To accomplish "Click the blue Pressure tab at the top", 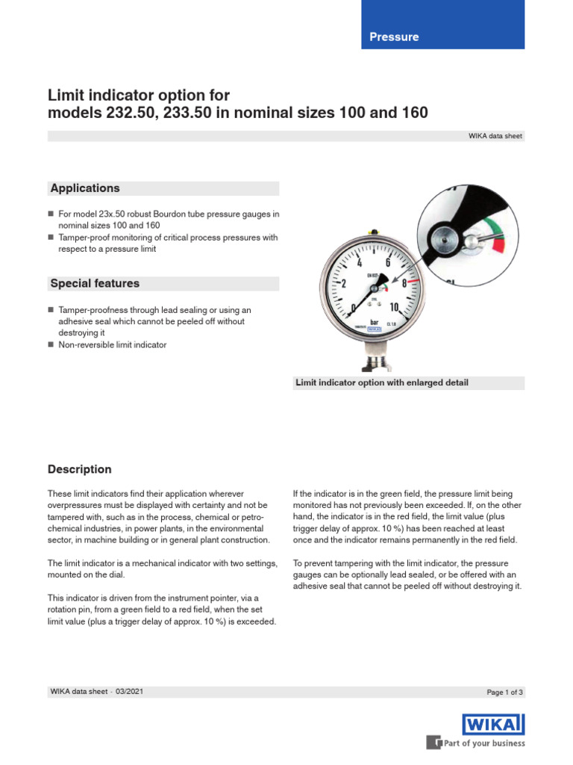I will pyautogui.click(x=394, y=37).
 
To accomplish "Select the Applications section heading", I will pyautogui.click(x=84, y=188).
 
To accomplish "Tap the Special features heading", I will pyautogui.click(x=94, y=284).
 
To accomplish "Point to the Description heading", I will pyautogui.click(x=80, y=469).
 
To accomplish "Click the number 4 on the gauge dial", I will pyautogui.click(x=360, y=264).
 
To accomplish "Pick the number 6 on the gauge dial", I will pyautogui.click(x=388, y=263).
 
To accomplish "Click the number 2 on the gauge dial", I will pyautogui.click(x=344, y=284).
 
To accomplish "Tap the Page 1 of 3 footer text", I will pyautogui.click(x=505, y=693).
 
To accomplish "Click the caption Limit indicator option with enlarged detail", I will pyautogui.click(x=382, y=383).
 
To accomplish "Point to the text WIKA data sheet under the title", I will pyautogui.click(x=496, y=136).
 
